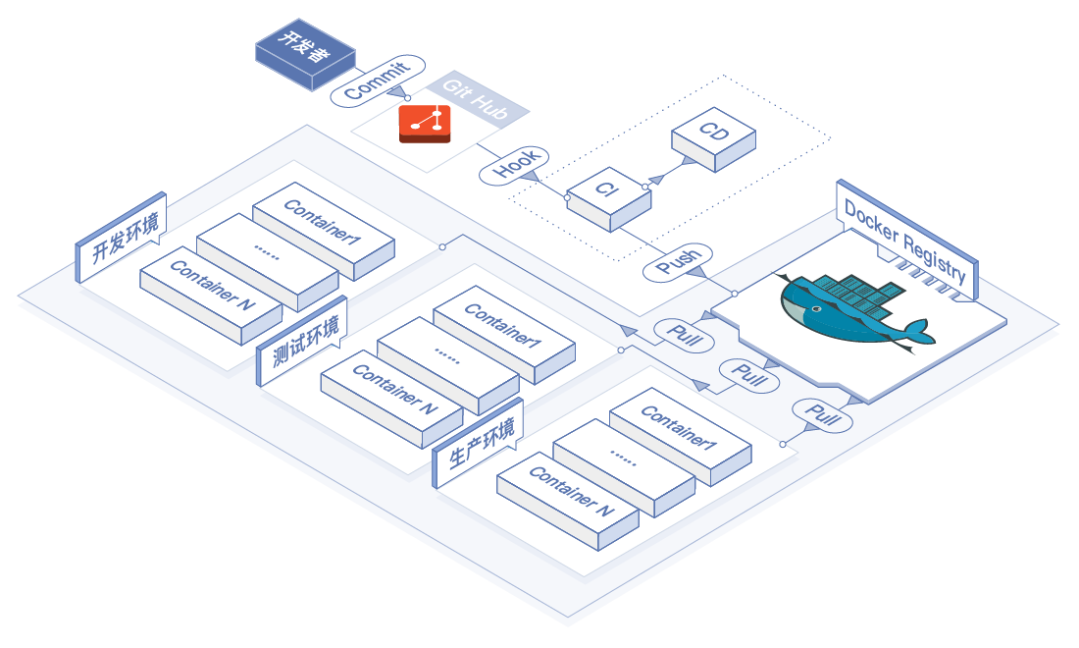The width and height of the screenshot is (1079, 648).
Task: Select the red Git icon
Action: pyautogui.click(x=425, y=124)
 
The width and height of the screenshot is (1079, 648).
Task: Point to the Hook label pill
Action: pyautogui.click(x=515, y=165)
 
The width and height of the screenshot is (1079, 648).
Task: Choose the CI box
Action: pyautogui.click(x=608, y=194)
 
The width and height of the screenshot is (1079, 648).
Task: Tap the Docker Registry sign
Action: pyautogui.click(x=905, y=240)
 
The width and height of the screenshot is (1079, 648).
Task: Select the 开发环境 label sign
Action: pyautogui.click(x=123, y=239)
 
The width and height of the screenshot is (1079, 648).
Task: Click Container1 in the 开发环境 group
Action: pyautogui.click(x=324, y=225)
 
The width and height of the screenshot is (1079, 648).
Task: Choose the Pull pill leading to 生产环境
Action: pyautogui.click(x=822, y=415)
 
